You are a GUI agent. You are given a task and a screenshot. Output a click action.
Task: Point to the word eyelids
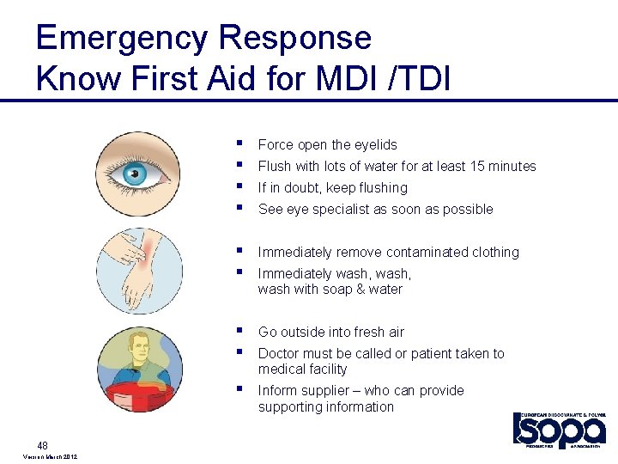click(374, 145)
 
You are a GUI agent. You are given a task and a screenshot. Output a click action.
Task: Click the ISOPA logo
click(559, 430)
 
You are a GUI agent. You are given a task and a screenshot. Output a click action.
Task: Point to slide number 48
click(44, 444)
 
